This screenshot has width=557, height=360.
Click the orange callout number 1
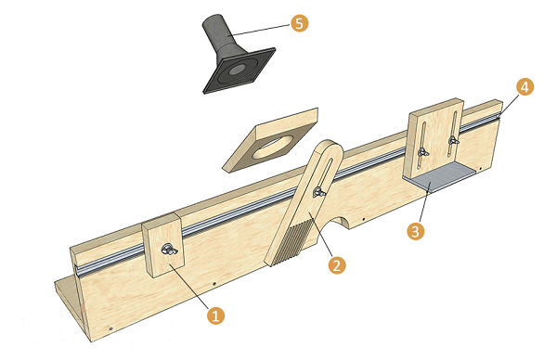(216, 315)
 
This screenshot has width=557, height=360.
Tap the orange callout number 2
(337, 265)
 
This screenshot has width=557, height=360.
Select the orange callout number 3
(416, 231)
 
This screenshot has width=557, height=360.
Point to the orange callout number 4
(525, 87)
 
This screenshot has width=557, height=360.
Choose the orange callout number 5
(300, 23)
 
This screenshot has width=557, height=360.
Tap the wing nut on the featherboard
(319, 192)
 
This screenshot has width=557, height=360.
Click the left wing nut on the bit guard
(423, 153)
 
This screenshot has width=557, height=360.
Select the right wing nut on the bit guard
(453, 141)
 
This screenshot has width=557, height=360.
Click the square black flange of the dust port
(240, 71)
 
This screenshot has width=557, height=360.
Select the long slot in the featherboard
(324, 176)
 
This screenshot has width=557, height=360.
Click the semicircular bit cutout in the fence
(341, 221)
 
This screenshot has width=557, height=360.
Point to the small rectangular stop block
(163, 246)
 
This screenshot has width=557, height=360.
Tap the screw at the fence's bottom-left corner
(110, 328)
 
